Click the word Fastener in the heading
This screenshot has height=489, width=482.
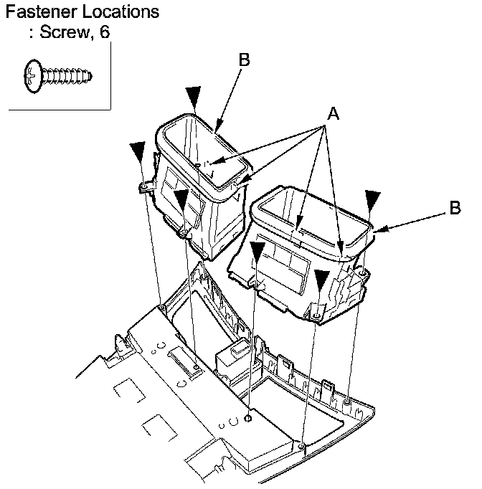pos(38,13)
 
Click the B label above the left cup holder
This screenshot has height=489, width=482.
pos(244,61)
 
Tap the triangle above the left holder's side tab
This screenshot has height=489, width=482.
pos(138,152)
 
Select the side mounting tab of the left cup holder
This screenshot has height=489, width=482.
pos(145,186)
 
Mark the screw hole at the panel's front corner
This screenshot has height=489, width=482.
pos(302,448)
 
